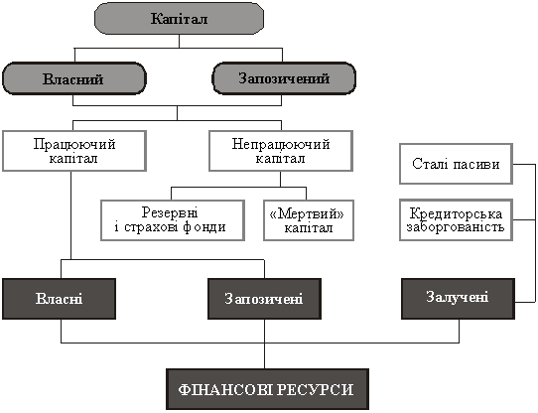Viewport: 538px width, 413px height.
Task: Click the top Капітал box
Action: [x=179, y=18]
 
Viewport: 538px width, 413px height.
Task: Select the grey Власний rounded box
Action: [x=74, y=78]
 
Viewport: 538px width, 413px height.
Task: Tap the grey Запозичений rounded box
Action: [x=284, y=78]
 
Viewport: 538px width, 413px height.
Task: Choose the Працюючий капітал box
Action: [x=74, y=151]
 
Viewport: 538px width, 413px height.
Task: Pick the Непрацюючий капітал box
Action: [x=281, y=151]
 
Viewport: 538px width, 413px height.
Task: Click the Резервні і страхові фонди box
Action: [x=173, y=220]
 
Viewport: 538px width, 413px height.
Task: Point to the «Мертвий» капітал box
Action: [x=309, y=220]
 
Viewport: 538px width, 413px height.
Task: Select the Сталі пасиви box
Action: [x=456, y=164]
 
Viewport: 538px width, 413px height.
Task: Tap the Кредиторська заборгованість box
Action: [x=456, y=219]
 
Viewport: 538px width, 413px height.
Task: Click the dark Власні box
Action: [x=59, y=299]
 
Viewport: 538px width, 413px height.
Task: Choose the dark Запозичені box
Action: [x=265, y=299]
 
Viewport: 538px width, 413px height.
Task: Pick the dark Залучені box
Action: [x=458, y=299]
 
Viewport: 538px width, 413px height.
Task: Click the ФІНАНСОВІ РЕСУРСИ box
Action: [x=268, y=389]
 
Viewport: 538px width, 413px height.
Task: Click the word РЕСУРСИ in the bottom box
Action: [x=315, y=389]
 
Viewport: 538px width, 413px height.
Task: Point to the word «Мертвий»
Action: [x=307, y=213]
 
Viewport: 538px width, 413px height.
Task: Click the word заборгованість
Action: [x=456, y=227]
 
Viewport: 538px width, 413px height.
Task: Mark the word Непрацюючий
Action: [x=281, y=144]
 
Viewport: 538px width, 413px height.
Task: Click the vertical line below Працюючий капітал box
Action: [x=71, y=215]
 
